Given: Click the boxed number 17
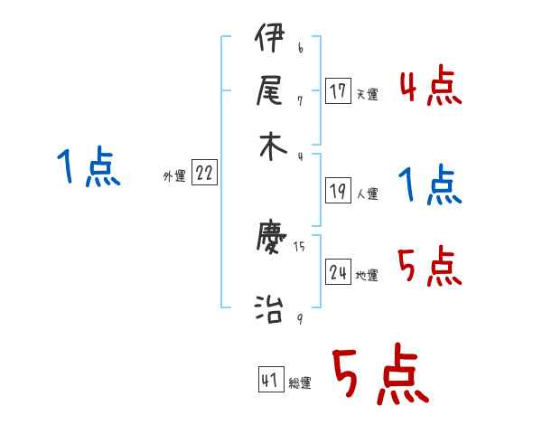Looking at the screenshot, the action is tap(338, 91).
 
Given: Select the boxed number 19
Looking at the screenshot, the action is tap(338, 191).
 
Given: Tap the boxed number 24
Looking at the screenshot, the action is tap(338, 272).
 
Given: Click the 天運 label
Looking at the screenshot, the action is tap(367, 94).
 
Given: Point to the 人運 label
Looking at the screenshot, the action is tap(367, 194).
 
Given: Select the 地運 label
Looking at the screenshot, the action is tap(367, 275).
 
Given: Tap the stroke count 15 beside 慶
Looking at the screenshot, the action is tap(299, 246).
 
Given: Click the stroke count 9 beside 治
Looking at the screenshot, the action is tap(299, 317).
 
